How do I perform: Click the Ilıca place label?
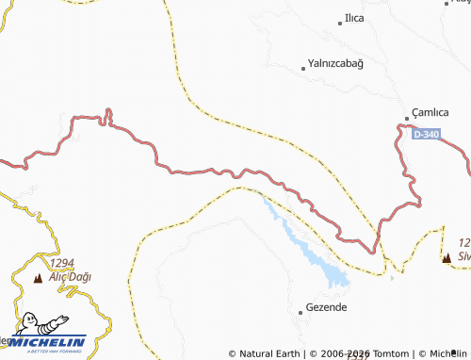(355, 18)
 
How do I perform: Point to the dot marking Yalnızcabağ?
(302, 68)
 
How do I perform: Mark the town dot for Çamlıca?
(407, 118)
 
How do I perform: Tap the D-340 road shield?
(426, 135)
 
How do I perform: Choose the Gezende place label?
(327, 308)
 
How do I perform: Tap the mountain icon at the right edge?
(447, 256)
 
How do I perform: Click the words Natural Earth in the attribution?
(268, 353)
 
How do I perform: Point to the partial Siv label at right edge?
(463, 254)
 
